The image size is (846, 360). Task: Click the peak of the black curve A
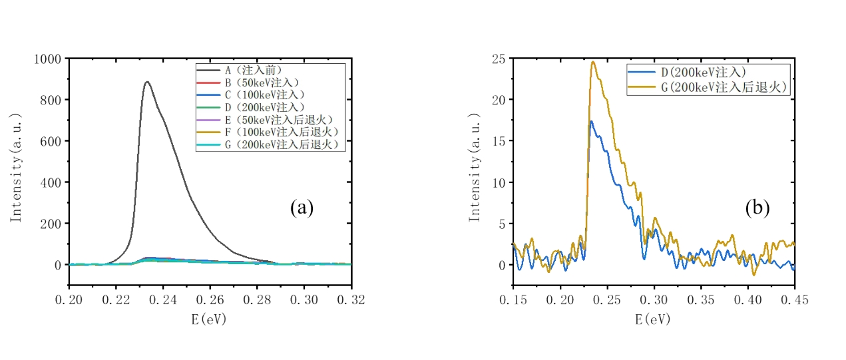point(146,82)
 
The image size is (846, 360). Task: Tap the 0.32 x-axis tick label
point(351,299)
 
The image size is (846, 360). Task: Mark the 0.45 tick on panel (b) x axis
point(794,299)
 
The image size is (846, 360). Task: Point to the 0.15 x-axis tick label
point(514,299)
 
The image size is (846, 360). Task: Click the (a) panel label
point(302,208)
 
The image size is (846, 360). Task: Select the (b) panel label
point(757,208)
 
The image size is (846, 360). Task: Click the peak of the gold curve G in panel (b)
point(592,62)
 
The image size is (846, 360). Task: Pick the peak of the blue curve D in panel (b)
point(590,121)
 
